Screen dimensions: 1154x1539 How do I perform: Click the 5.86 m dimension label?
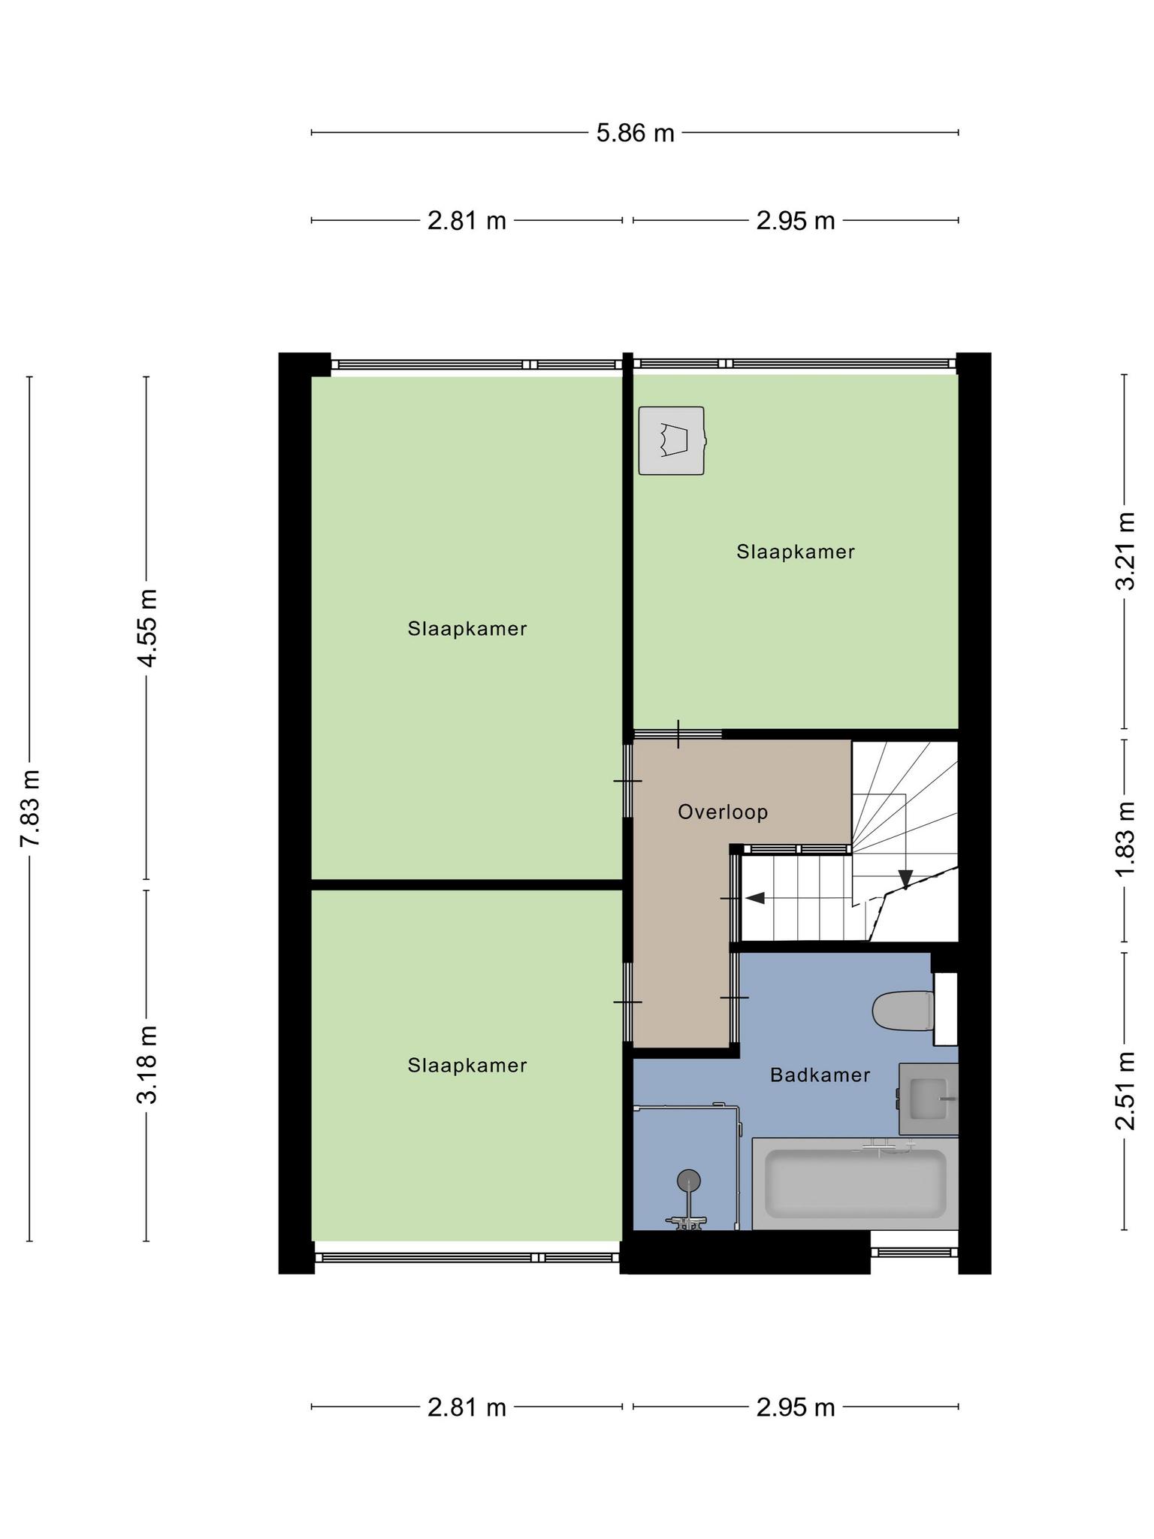pyautogui.click(x=635, y=133)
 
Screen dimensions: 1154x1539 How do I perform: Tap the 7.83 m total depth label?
pyautogui.click(x=30, y=808)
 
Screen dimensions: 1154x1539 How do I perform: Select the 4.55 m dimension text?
pyautogui.click(x=147, y=627)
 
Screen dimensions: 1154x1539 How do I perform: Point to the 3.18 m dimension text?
pyautogui.click(x=147, y=1064)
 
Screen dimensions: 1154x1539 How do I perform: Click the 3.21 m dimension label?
pyautogui.click(x=1125, y=551)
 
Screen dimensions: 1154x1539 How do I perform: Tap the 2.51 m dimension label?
pyautogui.click(x=1125, y=1091)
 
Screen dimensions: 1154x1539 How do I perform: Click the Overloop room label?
pyautogui.click(x=723, y=812)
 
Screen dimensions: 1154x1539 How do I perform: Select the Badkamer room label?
pyautogui.click(x=820, y=1075)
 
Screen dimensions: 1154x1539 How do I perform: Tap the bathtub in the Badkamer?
pyautogui.click(x=855, y=1184)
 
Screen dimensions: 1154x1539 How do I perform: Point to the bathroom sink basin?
pyautogui.click(x=929, y=1099)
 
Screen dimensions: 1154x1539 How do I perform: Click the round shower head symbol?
pyautogui.click(x=688, y=1181)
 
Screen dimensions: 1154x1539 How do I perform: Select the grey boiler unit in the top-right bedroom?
pyautogui.click(x=672, y=440)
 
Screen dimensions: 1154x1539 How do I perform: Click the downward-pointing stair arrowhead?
pyautogui.click(x=905, y=878)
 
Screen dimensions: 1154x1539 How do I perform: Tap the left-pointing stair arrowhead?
pyautogui.click(x=755, y=898)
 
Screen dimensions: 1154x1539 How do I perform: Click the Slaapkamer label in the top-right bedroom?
pyautogui.click(x=796, y=552)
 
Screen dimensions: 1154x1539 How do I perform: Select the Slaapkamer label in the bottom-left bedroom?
pyautogui.click(x=467, y=1065)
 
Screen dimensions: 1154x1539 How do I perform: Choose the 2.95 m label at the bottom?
pyautogui.click(x=796, y=1407)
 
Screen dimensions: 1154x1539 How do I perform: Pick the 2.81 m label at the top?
pyautogui.click(x=467, y=221)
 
